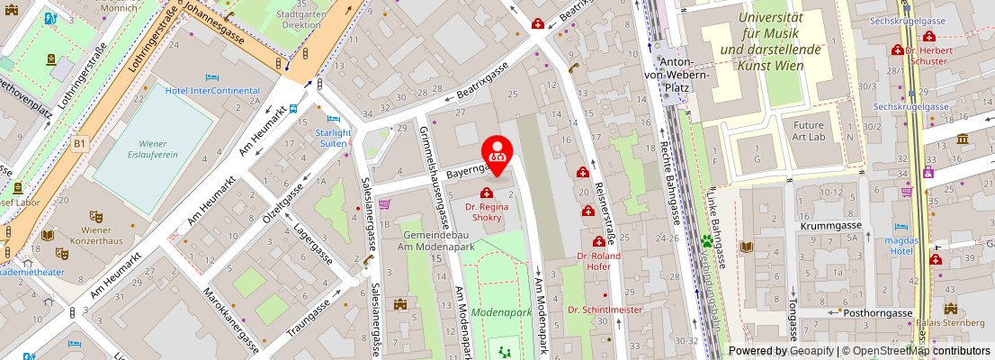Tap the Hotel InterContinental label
click(212, 90)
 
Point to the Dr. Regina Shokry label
click(487, 212)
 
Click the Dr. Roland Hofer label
click(599, 261)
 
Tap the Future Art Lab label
click(802, 130)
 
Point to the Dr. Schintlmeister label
click(605, 310)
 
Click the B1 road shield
click(80, 142)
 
